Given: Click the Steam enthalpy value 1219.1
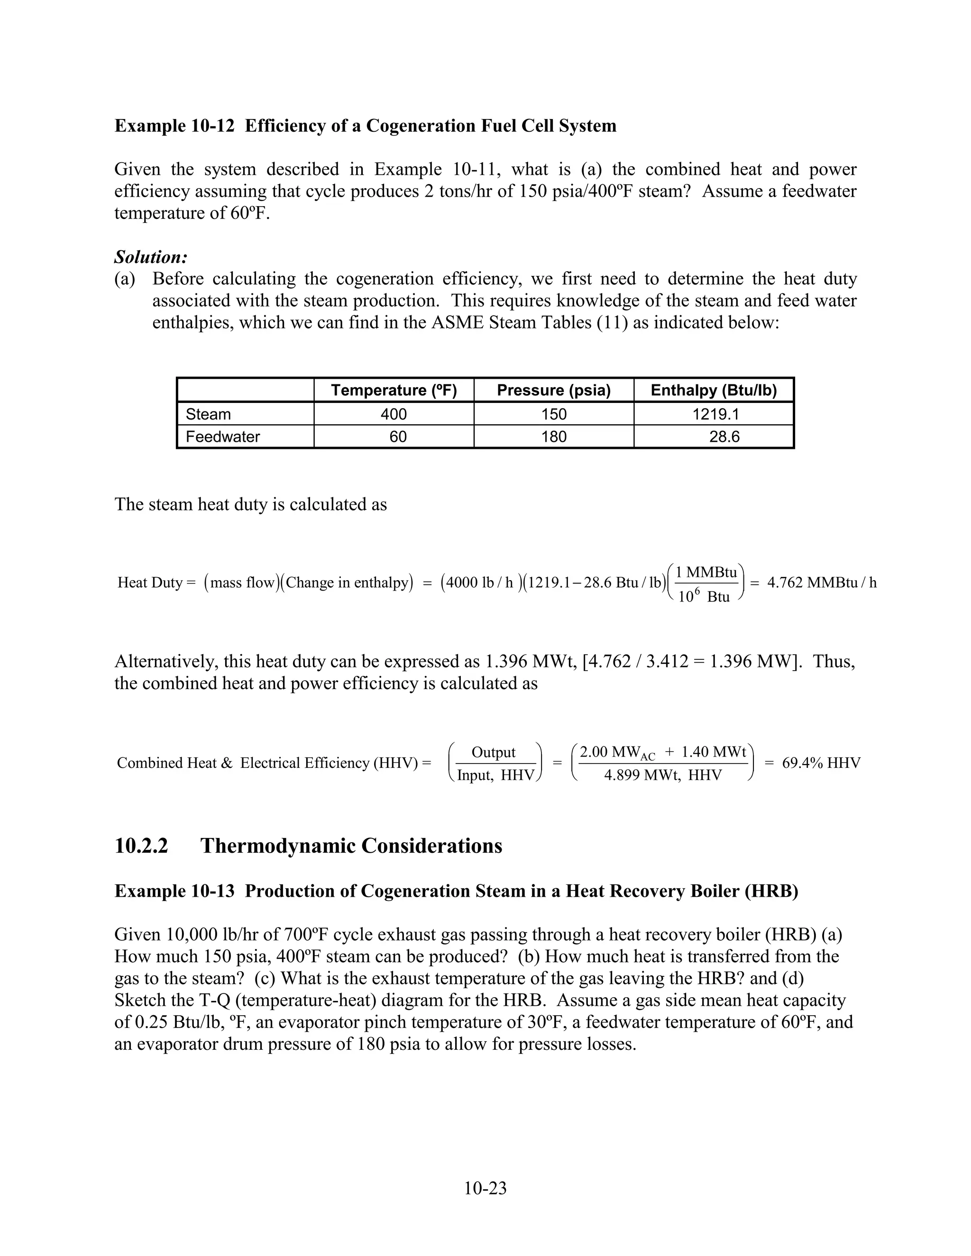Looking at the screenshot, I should coord(715,414).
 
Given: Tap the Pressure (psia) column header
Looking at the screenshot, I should coord(553,391).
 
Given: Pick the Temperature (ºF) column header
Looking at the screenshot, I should coord(394,391).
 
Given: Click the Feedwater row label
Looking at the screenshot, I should coord(223,437).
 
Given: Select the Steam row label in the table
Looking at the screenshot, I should coord(208,414).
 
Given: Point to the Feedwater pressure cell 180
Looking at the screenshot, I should coord(553,437).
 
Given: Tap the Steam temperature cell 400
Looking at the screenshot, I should coord(394,414).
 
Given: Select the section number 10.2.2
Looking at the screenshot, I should coord(141,846).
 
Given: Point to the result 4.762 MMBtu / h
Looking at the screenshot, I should coord(822,582).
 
